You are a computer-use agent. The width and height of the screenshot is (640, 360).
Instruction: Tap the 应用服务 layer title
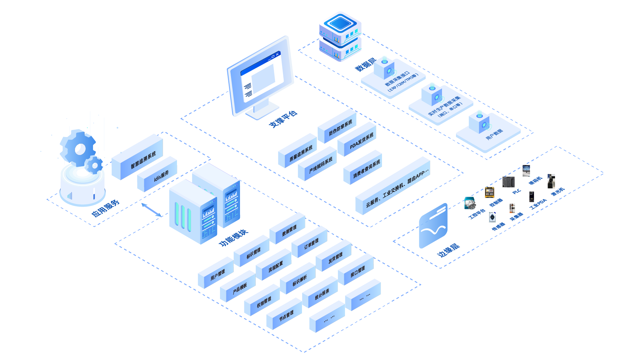click(105, 208)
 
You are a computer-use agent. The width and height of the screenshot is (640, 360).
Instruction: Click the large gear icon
click(78, 148)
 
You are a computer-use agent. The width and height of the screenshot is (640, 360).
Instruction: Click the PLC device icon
click(509, 182)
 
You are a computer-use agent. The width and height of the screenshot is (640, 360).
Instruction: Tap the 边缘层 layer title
click(448, 250)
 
